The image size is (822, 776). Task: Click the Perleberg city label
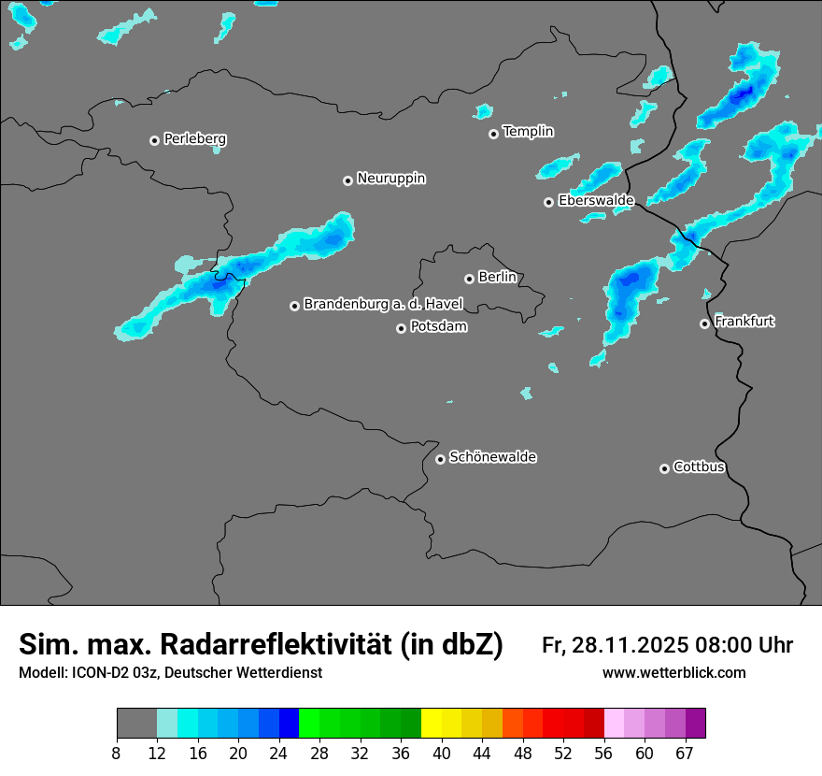click(x=194, y=139)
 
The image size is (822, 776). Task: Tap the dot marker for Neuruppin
click(x=347, y=180)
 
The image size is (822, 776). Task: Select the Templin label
click(x=528, y=132)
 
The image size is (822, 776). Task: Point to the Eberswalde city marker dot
click(x=548, y=202)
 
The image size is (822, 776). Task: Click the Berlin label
click(x=497, y=278)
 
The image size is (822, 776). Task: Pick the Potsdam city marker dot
click(x=401, y=328)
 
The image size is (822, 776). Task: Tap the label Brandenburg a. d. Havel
click(x=383, y=305)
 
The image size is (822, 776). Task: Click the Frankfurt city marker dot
click(x=704, y=323)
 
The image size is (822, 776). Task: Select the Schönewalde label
click(x=492, y=457)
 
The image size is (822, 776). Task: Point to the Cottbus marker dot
click(x=664, y=468)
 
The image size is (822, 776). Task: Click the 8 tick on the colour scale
click(x=116, y=754)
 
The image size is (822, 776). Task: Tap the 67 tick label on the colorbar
click(x=685, y=754)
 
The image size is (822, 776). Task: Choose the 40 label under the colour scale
click(x=441, y=754)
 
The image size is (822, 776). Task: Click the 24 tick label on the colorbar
click(x=278, y=754)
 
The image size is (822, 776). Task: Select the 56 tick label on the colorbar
click(x=603, y=754)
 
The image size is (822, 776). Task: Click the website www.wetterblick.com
click(x=673, y=673)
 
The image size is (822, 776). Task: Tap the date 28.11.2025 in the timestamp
click(x=629, y=645)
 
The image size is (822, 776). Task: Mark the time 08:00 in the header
click(x=729, y=645)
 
